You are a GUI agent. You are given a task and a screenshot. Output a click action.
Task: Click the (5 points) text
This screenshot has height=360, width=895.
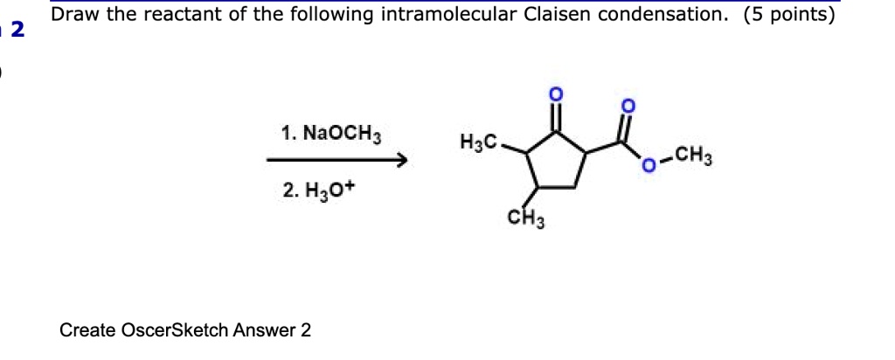(790, 15)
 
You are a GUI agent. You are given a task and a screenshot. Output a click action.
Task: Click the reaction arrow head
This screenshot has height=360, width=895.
(402, 161)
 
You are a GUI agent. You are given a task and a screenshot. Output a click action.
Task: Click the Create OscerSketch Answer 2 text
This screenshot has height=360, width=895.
(184, 330)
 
